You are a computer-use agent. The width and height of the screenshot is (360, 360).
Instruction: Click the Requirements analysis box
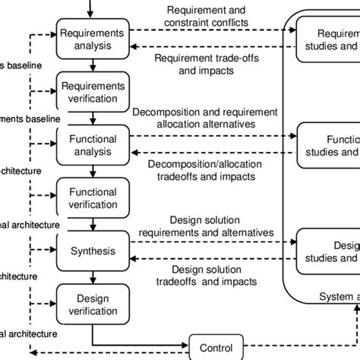pyautogui.click(x=92, y=39)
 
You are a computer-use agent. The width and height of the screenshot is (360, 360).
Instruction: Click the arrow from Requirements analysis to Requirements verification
pyautogui.click(x=92, y=64)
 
